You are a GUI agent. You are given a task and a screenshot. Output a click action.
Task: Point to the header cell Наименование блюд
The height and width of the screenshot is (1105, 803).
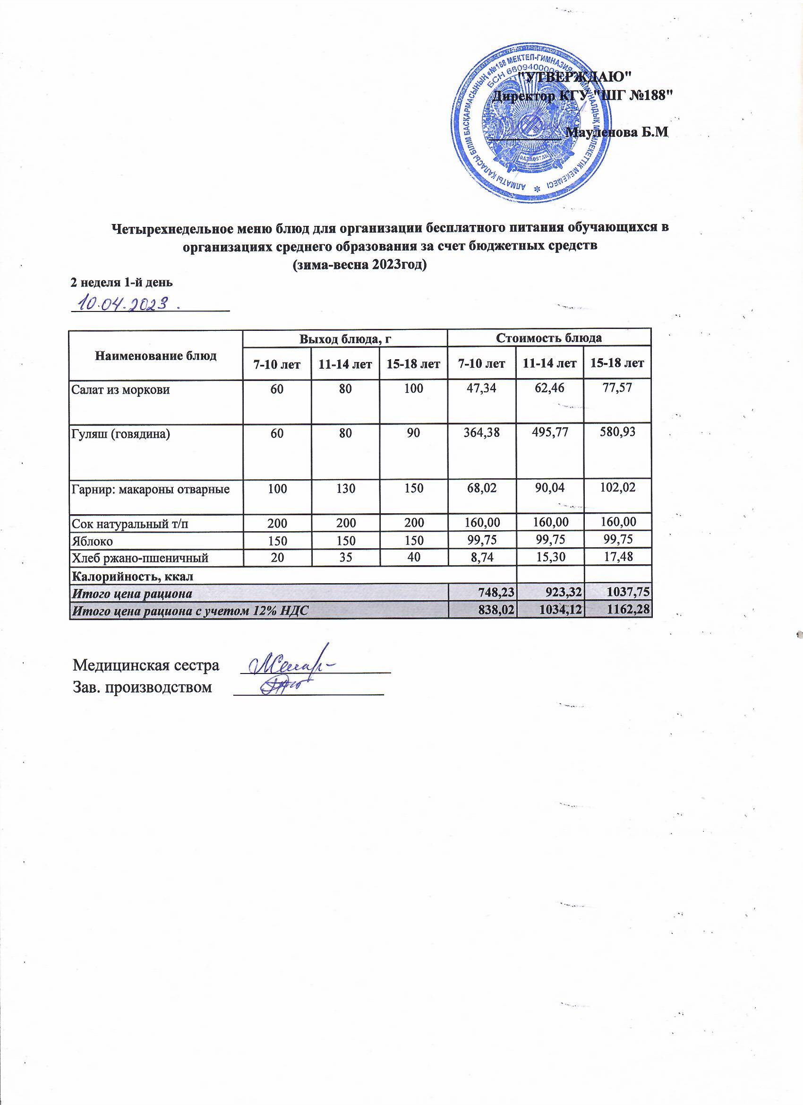coord(156,354)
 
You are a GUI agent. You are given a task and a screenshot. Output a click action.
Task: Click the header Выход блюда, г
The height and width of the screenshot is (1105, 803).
coord(345,337)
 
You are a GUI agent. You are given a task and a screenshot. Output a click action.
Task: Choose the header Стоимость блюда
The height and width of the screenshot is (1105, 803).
coord(549,337)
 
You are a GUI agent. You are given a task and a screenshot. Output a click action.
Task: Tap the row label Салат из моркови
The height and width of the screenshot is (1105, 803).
coord(121,390)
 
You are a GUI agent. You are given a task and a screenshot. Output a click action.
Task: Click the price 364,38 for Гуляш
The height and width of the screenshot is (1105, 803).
coord(481,432)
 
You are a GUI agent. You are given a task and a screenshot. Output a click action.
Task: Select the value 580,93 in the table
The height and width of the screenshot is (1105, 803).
coord(617,432)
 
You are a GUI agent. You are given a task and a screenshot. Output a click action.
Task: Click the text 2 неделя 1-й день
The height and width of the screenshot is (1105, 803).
coord(122,282)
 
